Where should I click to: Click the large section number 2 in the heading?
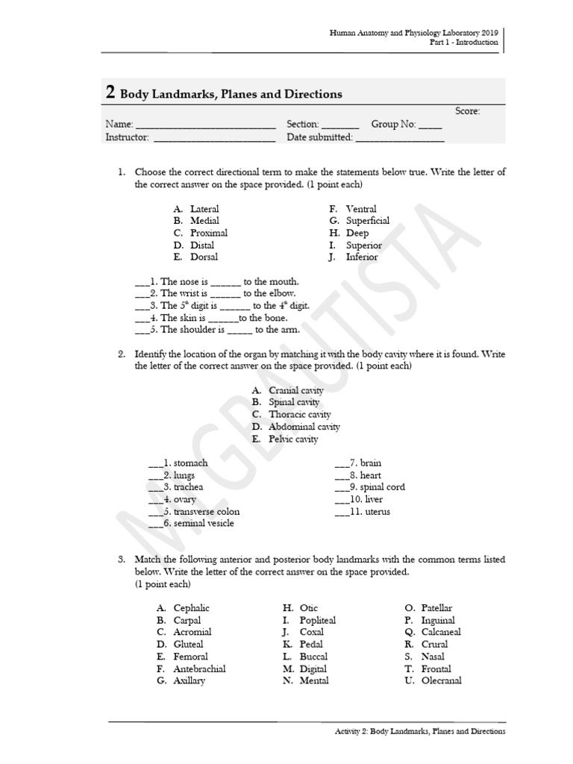(110, 93)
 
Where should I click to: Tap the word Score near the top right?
(468, 111)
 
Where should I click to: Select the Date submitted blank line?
(400, 137)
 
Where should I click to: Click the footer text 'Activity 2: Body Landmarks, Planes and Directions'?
(419, 732)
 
